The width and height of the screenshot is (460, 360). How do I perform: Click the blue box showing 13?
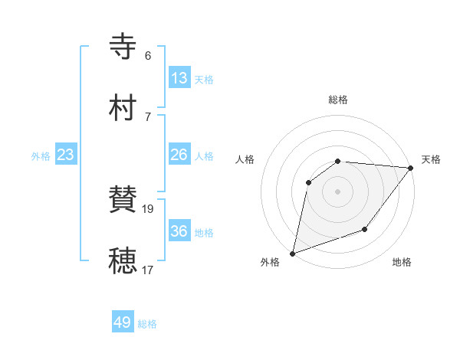coord(179,77)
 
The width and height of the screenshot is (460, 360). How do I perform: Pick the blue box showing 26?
coord(179,155)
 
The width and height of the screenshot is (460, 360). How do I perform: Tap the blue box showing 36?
coord(179,231)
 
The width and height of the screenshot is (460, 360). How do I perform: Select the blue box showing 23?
coord(66,155)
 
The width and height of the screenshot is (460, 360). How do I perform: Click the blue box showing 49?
coord(123,322)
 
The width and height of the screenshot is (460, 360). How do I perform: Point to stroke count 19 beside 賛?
coord(149,208)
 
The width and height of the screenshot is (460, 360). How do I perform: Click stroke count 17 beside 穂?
coord(149,270)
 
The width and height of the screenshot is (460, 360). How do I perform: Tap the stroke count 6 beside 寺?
coord(148,56)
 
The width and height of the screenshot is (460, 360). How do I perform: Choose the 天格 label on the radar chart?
coord(431,159)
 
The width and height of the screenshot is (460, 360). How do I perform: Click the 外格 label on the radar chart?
coord(270,262)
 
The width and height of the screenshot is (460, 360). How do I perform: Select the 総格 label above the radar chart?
coord(338,100)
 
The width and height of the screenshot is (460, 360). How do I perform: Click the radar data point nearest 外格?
coord(292,253)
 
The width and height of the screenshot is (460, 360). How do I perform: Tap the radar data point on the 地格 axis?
coord(365,229)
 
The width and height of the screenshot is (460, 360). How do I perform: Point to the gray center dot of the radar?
coord(337,191)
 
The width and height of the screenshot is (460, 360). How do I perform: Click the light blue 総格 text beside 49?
coord(148,324)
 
